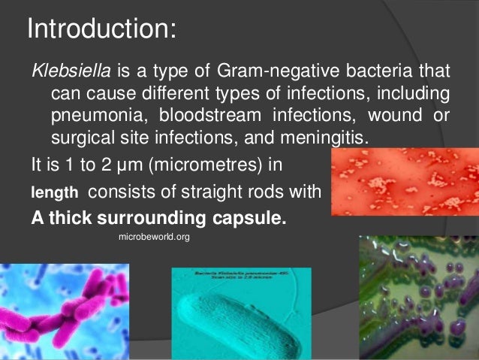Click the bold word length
[53, 193]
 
